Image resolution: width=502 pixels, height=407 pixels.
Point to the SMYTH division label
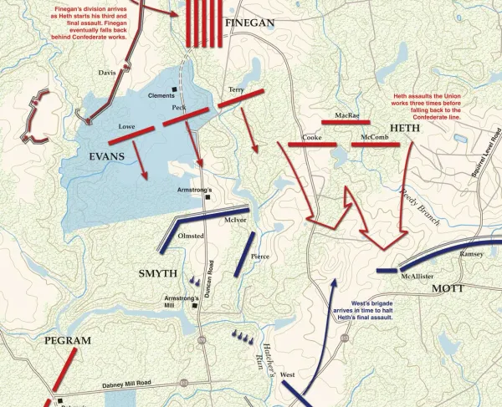point(157,272)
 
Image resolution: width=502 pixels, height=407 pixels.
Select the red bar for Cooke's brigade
point(311,145)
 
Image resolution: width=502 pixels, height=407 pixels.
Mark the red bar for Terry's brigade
point(242,99)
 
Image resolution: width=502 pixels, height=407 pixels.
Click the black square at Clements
point(175,89)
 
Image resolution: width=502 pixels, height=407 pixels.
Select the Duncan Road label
point(213,274)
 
